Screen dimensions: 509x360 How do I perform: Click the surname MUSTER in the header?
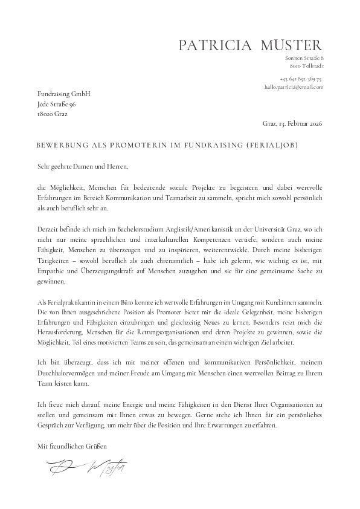(x=292, y=45)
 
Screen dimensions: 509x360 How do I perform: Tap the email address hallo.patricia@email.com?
(x=294, y=87)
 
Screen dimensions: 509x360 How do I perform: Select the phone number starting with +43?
(x=301, y=79)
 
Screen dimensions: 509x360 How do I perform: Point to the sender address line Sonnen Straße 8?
(x=306, y=57)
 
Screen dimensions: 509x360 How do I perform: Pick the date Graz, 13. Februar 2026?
(x=293, y=124)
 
